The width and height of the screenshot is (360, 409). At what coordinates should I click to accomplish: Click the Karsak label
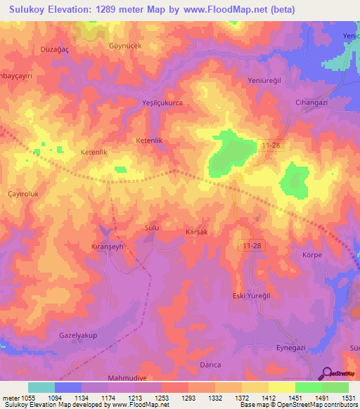coord(196,231)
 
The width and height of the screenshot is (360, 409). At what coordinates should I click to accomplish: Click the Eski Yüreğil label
coord(252,295)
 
